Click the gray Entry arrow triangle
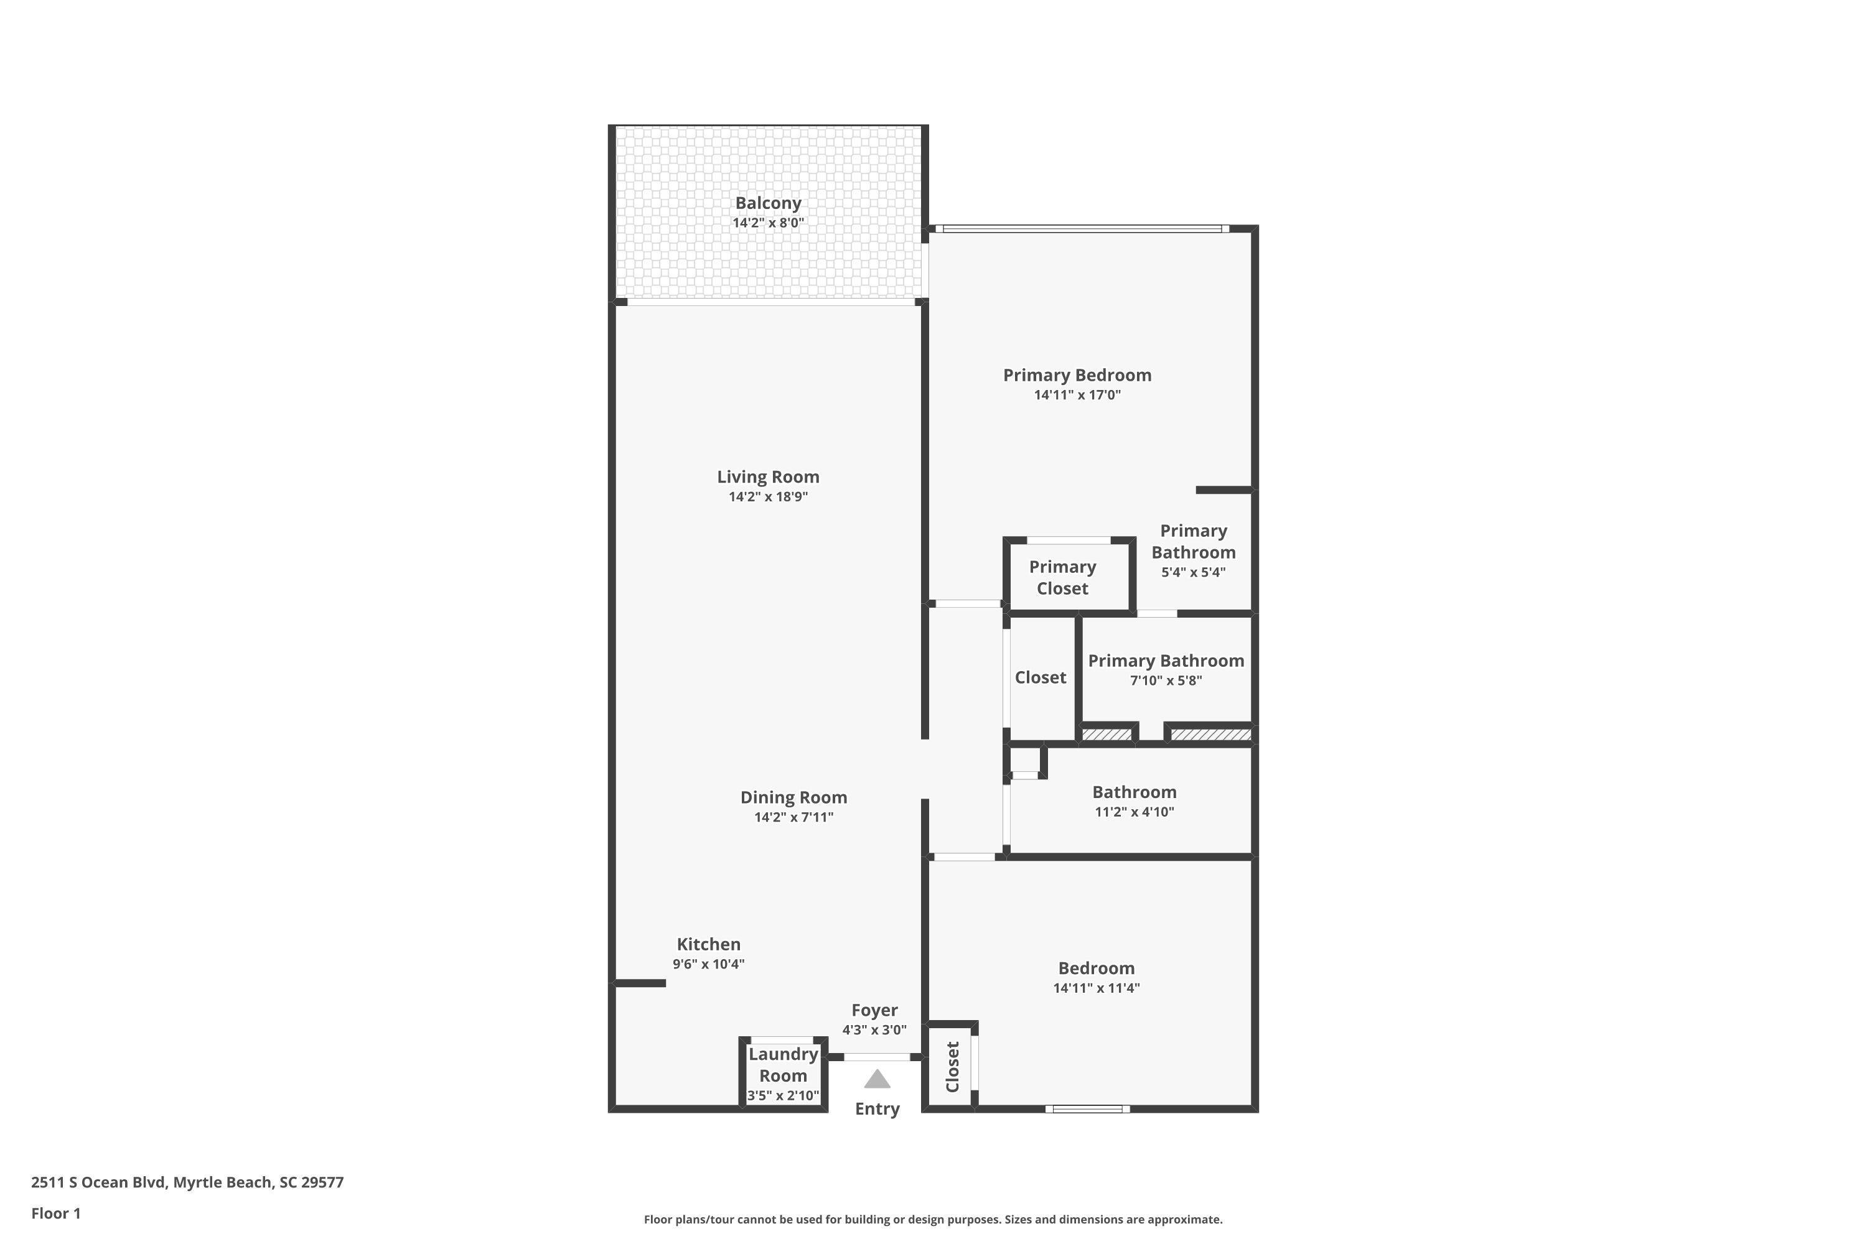click(x=877, y=1079)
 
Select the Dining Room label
click(x=794, y=797)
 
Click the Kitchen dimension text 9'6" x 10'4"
click(x=709, y=964)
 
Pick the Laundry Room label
click(x=784, y=1065)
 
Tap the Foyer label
click(x=875, y=1011)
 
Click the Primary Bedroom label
click(x=1077, y=375)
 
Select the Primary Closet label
click(x=1063, y=578)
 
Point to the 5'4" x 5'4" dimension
click(x=1194, y=572)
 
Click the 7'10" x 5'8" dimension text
click(x=1166, y=680)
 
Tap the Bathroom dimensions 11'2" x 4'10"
click(x=1135, y=812)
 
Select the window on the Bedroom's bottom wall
click(x=1087, y=1109)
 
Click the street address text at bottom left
click(x=187, y=1182)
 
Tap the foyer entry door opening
click(x=876, y=1057)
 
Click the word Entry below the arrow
click(x=877, y=1109)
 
